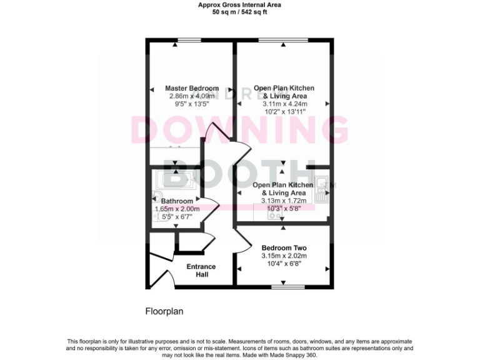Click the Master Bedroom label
[x=192, y=88]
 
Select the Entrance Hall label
[x=201, y=271]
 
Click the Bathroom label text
[x=177, y=201]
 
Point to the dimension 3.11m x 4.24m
[x=284, y=104]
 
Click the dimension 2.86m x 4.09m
[x=192, y=96]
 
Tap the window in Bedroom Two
[x=288, y=287]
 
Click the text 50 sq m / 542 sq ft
[x=239, y=12]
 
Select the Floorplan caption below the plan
[x=164, y=311]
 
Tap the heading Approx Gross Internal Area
[x=239, y=4]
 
